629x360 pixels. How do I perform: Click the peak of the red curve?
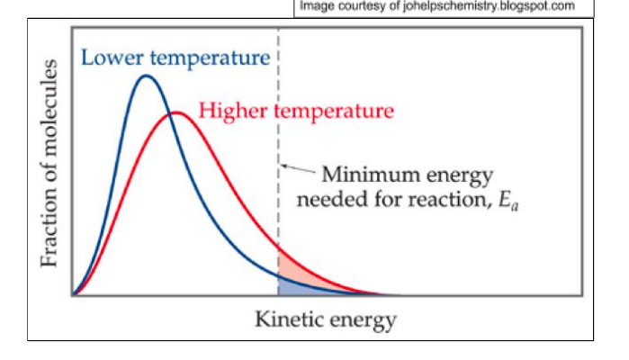click(176, 113)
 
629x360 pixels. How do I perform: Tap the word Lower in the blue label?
click(112, 58)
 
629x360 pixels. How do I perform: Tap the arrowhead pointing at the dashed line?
click(283, 166)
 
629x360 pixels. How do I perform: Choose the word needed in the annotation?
click(328, 198)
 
